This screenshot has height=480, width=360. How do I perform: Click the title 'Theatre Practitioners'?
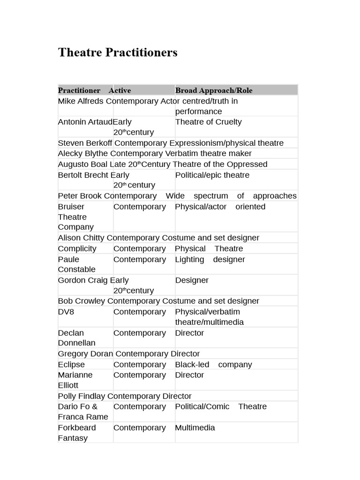point(118,52)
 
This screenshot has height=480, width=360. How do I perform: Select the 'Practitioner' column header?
point(79,90)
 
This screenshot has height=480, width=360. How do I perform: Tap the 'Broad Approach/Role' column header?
point(213,90)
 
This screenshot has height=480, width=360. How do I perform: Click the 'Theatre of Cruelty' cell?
point(208,122)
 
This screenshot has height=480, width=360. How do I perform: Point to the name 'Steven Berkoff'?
point(85,143)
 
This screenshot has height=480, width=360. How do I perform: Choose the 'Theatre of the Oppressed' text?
point(220,164)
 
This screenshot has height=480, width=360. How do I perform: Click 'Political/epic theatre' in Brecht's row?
point(212,175)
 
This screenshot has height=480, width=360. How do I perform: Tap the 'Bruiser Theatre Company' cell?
point(76,217)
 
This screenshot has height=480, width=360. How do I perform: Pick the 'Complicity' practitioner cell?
point(77,248)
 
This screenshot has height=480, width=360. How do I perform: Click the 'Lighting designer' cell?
point(210,259)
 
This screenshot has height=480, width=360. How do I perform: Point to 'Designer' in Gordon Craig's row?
point(192,280)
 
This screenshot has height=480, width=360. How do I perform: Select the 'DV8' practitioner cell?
point(67,312)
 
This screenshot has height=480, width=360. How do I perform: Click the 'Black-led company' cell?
point(213,364)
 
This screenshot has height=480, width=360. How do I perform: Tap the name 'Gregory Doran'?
point(85,354)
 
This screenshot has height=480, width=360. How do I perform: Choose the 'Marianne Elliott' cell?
point(76,380)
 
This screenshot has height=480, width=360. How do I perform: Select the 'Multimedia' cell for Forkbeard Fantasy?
point(195,427)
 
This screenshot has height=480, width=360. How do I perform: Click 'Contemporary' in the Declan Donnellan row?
point(139,333)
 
